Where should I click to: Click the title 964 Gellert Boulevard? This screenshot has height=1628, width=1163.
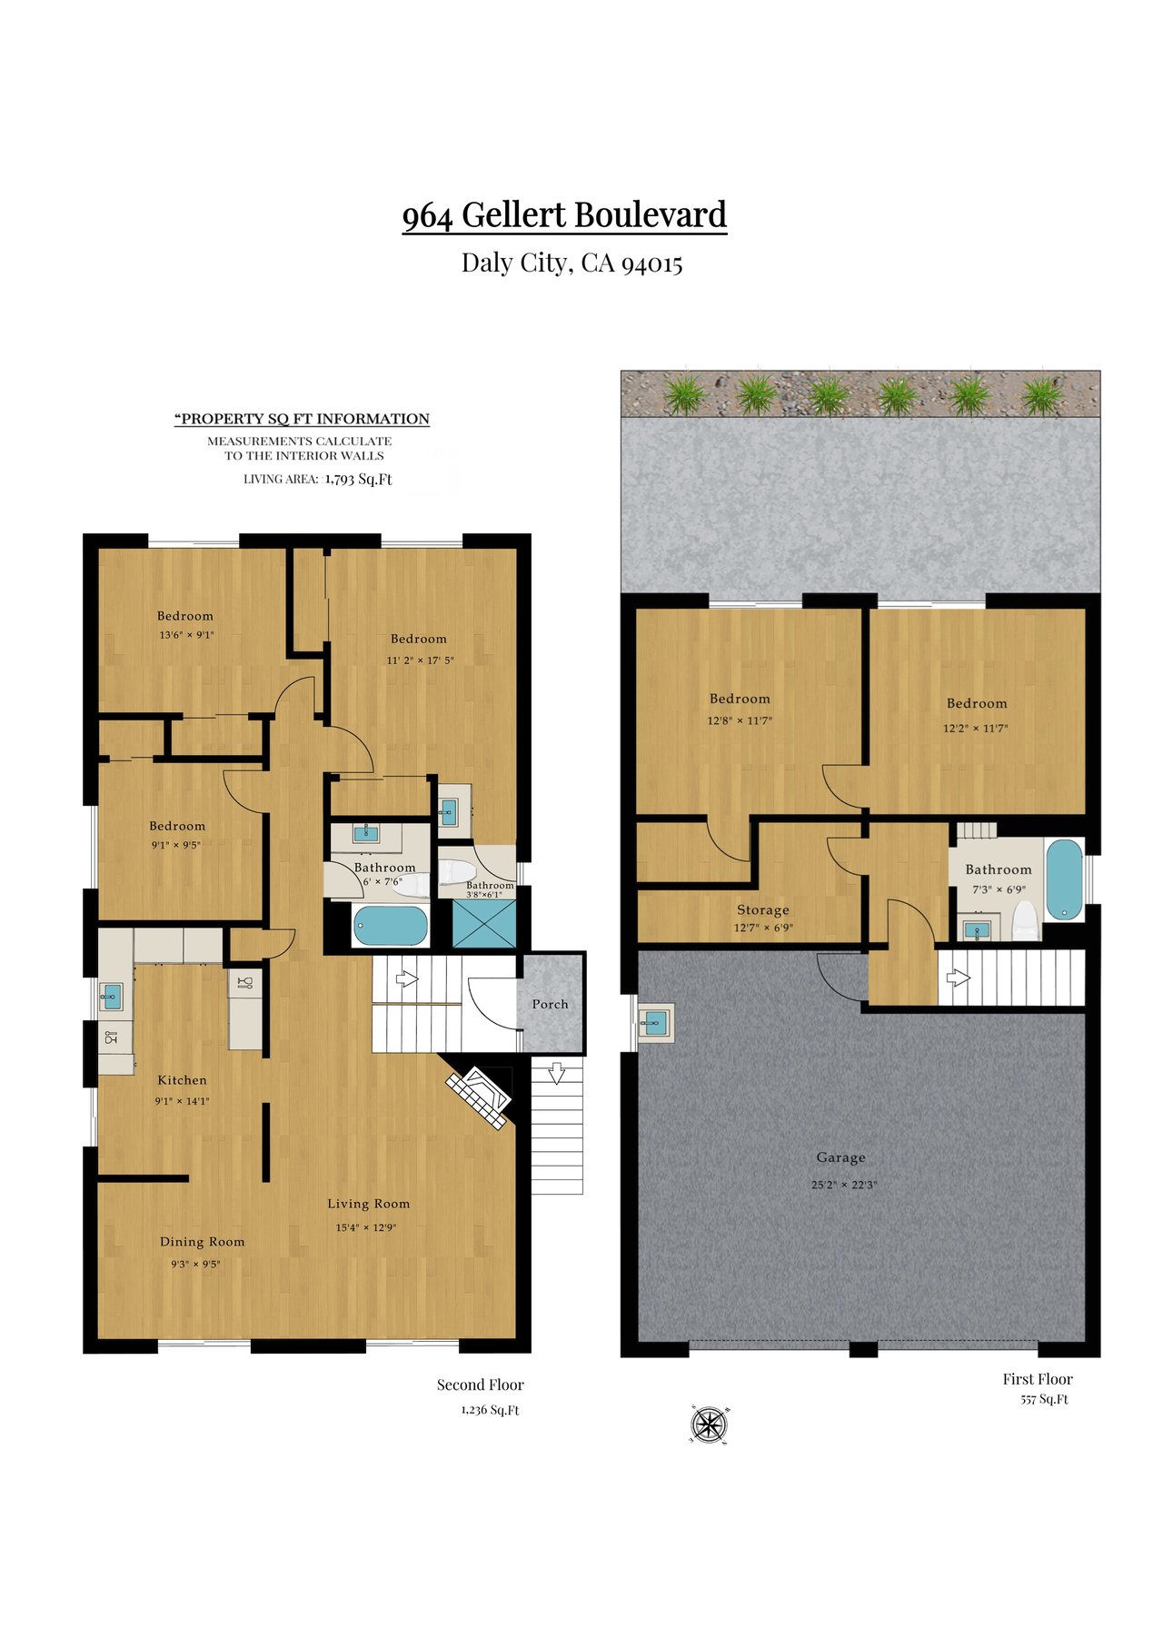[564, 215]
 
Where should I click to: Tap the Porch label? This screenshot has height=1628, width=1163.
[550, 1004]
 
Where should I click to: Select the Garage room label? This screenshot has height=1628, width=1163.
[840, 1157]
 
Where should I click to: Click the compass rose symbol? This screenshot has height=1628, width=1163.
[709, 1424]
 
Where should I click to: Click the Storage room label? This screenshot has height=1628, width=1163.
[762, 909]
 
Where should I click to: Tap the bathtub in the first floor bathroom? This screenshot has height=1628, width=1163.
[1064, 880]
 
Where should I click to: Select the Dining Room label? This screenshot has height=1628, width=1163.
[202, 1242]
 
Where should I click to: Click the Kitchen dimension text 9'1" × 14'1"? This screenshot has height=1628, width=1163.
[182, 1101]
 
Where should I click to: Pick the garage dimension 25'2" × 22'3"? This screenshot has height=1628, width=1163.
[844, 1185]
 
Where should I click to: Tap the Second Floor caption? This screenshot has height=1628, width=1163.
[480, 1385]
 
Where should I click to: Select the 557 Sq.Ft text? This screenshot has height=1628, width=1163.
[1044, 1400]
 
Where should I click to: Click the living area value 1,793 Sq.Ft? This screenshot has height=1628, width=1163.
[358, 479]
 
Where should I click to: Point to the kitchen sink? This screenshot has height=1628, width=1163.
[111, 997]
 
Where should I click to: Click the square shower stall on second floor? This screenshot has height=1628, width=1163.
[484, 924]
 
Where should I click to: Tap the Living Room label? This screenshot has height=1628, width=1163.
[368, 1204]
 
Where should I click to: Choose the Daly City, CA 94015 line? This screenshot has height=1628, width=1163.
[572, 263]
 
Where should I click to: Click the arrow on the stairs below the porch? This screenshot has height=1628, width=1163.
[557, 1073]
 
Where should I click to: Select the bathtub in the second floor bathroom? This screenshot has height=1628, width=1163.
[390, 926]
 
